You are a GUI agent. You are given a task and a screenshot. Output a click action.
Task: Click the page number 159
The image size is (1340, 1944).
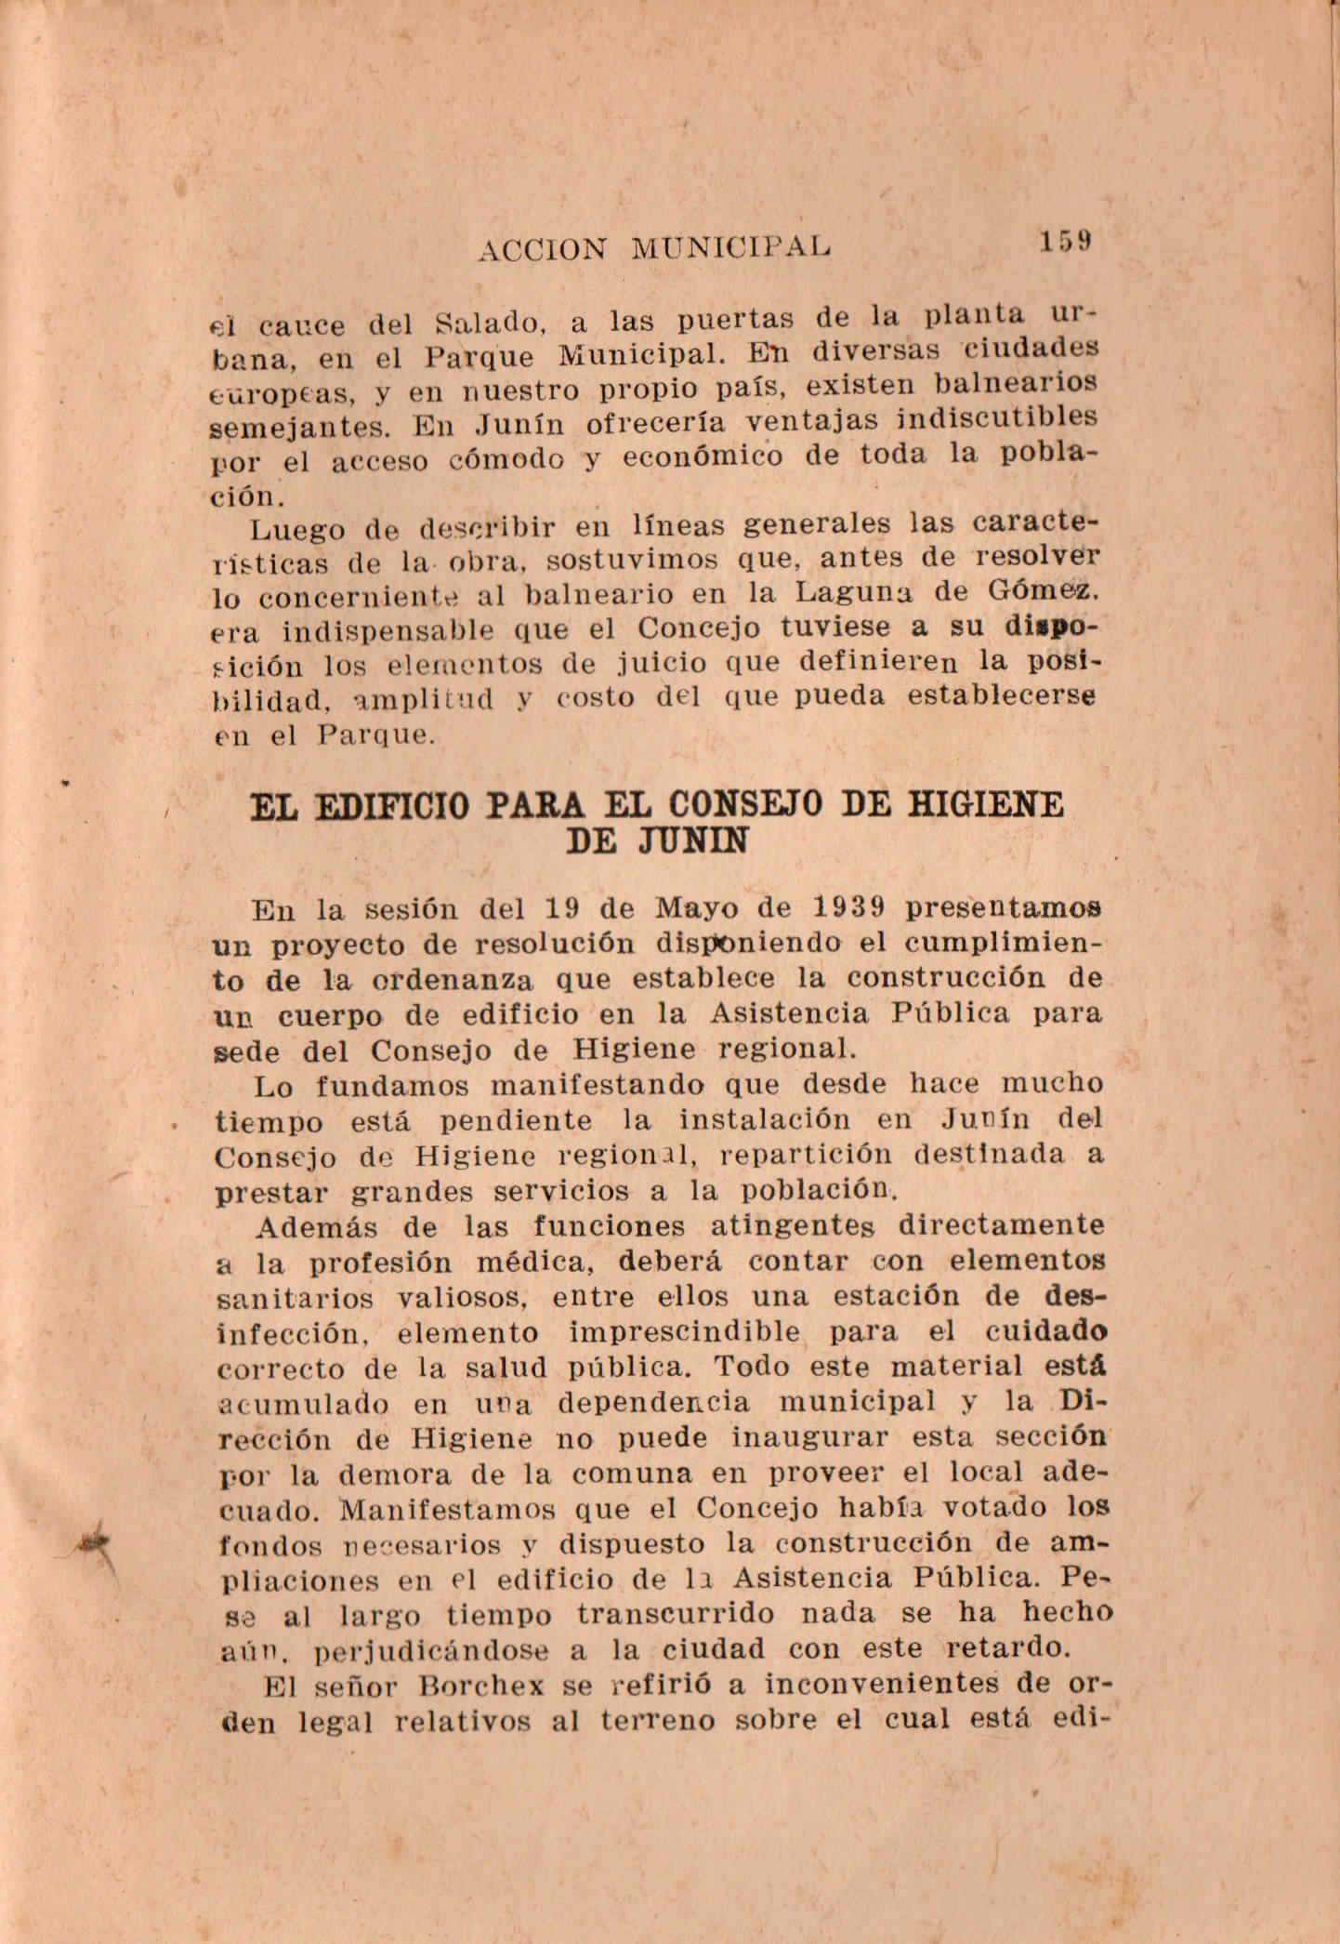(x=1065, y=241)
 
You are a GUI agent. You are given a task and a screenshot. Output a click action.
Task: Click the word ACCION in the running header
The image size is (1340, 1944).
(x=543, y=248)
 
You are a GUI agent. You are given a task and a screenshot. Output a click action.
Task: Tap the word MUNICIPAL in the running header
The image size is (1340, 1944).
(x=730, y=247)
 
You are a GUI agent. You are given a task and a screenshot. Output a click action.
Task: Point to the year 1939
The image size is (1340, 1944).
(x=847, y=906)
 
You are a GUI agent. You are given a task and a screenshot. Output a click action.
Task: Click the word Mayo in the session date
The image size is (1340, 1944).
(x=698, y=907)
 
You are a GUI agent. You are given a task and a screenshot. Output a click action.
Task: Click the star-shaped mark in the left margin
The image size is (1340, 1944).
(x=94, y=1543)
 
